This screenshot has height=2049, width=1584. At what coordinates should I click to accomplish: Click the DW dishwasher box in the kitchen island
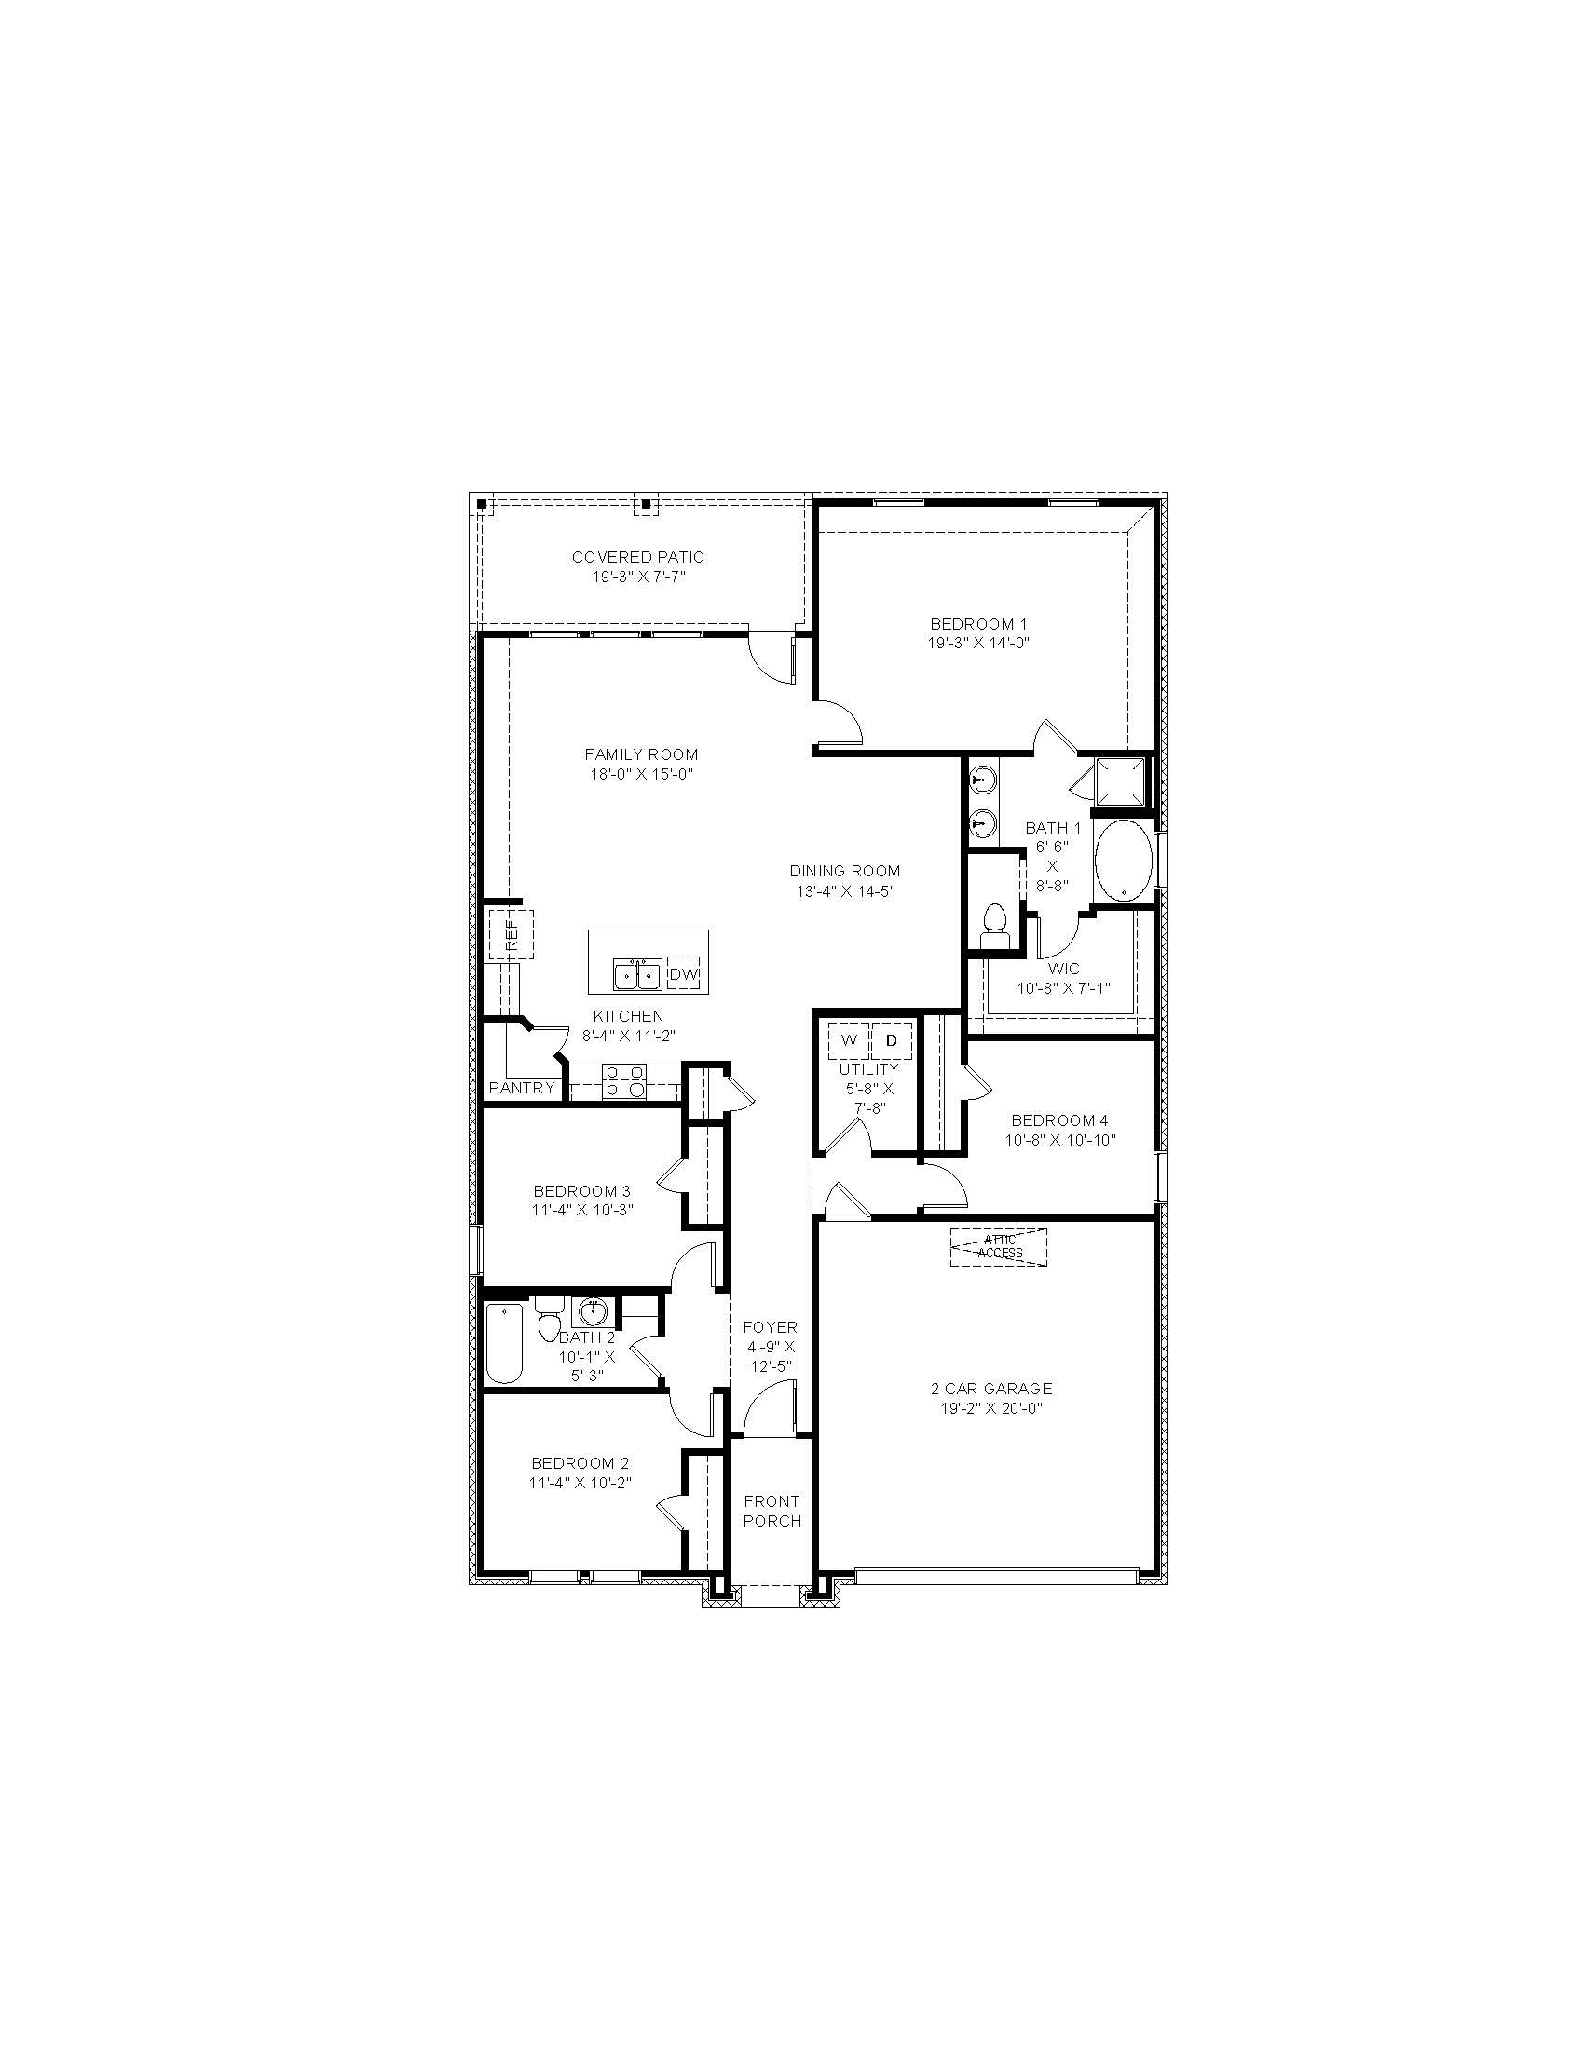(x=684, y=975)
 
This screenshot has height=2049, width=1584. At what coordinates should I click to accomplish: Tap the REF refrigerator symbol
(x=510, y=934)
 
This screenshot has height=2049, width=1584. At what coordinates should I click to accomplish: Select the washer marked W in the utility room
(x=849, y=1040)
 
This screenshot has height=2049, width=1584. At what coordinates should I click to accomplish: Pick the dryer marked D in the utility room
(x=892, y=1040)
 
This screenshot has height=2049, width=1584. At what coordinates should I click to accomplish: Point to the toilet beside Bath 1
(x=993, y=925)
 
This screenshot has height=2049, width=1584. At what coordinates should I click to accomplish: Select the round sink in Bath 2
(x=592, y=1309)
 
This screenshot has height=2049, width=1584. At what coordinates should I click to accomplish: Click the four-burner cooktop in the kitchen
(x=624, y=1080)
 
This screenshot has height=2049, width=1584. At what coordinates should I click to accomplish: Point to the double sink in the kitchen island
(x=638, y=975)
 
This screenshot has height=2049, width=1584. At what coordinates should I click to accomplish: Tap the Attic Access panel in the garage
(x=998, y=1247)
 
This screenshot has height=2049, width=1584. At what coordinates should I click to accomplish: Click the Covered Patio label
(x=638, y=557)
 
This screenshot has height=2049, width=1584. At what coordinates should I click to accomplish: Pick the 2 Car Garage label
(x=991, y=1389)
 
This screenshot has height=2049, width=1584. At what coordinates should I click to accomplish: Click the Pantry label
(x=522, y=1088)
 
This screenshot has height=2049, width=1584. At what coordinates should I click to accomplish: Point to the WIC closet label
(x=1064, y=969)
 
